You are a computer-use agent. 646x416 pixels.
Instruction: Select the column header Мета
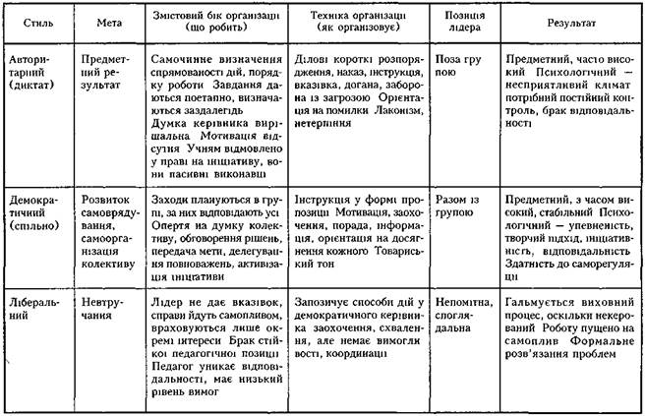[x=110, y=21]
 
